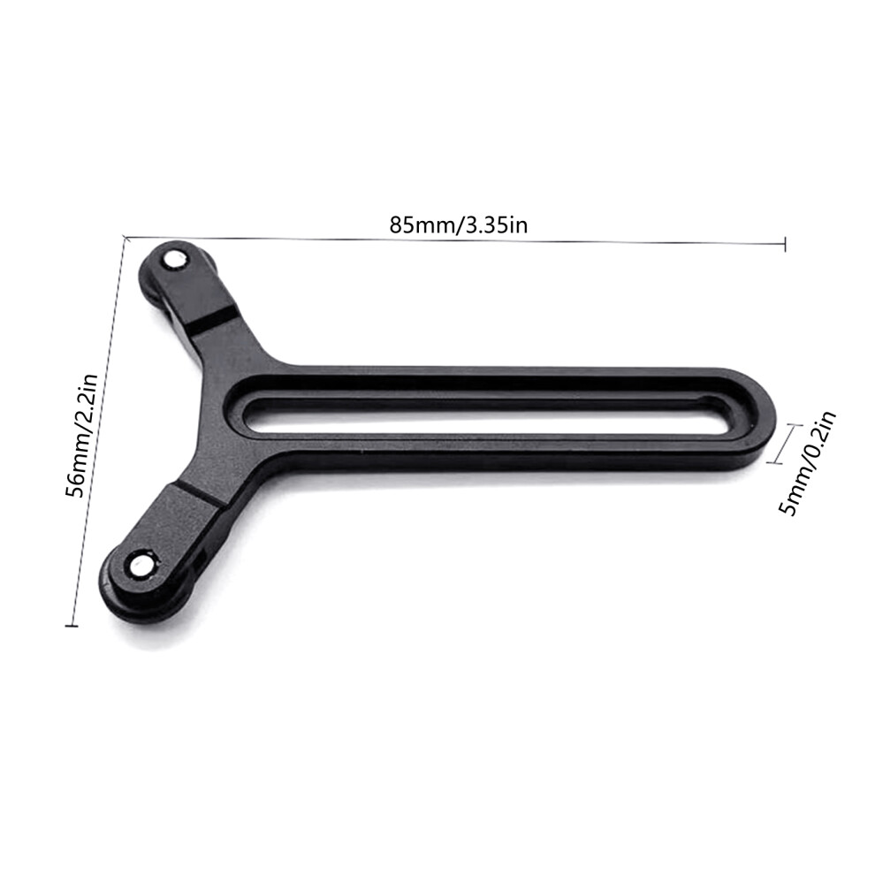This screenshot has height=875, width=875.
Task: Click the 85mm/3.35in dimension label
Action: tap(458, 224)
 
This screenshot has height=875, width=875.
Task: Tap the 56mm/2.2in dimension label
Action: tap(81, 435)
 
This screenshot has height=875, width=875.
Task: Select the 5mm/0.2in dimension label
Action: tap(809, 462)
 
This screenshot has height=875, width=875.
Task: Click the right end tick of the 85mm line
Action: tap(785, 244)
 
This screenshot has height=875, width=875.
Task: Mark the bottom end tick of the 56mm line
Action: tap(72, 625)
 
